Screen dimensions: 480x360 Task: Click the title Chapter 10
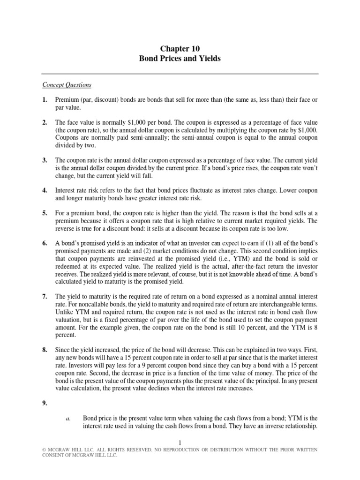(x=180, y=49)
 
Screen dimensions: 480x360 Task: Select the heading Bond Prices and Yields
(x=180, y=60)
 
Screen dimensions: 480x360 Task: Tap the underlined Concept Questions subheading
(x=67, y=85)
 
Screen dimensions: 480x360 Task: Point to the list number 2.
(x=45, y=122)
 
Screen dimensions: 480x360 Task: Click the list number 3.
(x=45, y=160)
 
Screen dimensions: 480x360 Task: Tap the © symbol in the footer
(x=44, y=450)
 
